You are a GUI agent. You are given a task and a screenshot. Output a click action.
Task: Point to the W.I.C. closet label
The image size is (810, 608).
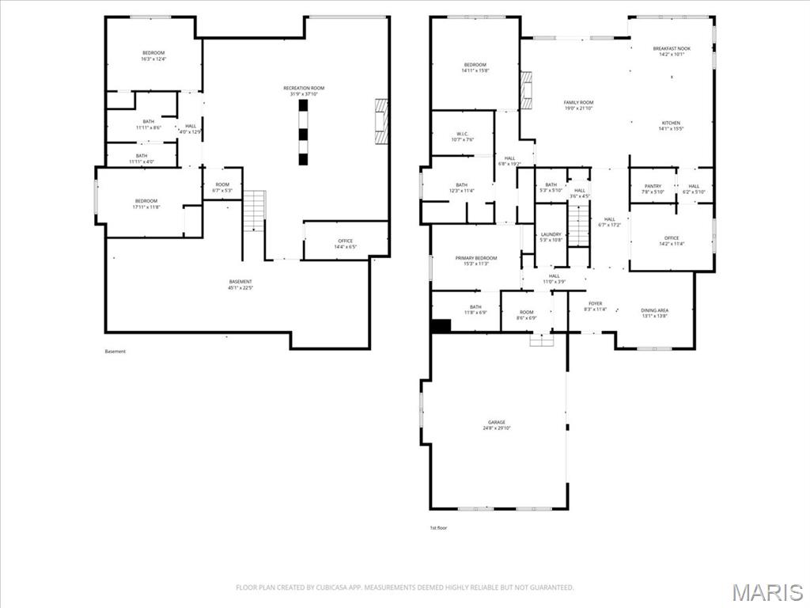463,136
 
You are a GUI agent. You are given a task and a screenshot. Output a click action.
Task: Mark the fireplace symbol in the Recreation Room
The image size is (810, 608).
382,121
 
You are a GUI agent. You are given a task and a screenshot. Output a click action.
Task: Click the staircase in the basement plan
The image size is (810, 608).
253,211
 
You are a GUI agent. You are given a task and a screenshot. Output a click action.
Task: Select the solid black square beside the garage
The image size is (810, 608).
441,325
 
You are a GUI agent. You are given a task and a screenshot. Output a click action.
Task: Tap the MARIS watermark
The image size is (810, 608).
767,591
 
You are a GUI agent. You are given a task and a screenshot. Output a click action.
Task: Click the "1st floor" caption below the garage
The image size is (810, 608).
437,527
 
